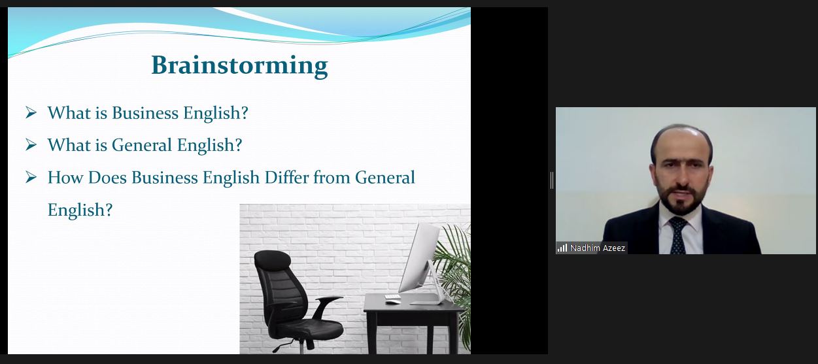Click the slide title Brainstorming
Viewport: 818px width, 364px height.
[239, 66]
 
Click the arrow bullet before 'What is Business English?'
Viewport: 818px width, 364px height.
[31, 112]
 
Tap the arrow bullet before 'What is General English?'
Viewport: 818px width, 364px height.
[31, 144]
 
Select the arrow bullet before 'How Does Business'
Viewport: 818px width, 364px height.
[31, 177]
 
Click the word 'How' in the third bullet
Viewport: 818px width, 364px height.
[65, 178]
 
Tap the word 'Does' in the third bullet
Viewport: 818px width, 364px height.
[107, 178]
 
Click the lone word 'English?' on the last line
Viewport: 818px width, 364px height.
[80, 210]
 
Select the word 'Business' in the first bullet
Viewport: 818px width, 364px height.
[145, 113]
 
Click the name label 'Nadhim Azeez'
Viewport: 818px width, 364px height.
[598, 248]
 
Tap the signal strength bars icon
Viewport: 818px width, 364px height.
[562, 248]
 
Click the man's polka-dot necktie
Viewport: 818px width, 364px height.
[679, 235]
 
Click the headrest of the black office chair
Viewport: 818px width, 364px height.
[272, 260]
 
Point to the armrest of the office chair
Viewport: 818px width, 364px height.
[328, 301]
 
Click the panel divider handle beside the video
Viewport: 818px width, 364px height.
[552, 180]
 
